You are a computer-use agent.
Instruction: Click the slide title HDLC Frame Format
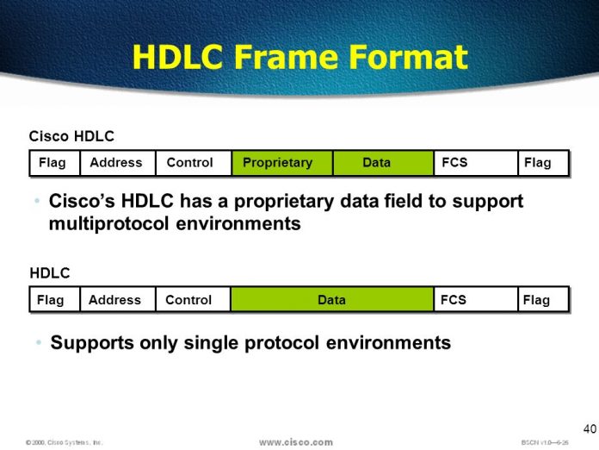pos(299,57)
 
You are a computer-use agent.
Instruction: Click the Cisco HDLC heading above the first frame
pos(71,136)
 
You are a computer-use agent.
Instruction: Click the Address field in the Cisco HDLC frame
pos(116,163)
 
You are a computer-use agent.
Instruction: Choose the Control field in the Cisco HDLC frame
pos(190,163)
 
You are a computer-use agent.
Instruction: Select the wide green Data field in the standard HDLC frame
pos(331,300)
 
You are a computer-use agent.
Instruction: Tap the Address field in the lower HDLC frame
pos(114,300)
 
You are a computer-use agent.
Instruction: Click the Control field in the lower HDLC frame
pos(188,300)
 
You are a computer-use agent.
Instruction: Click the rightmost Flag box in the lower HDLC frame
pos(539,300)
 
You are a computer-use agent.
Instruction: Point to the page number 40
pos(589,428)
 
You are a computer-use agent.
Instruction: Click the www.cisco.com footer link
pos(295,442)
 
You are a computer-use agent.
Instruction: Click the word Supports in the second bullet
pos(91,343)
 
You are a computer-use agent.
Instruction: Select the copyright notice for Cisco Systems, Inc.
pos(64,442)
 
